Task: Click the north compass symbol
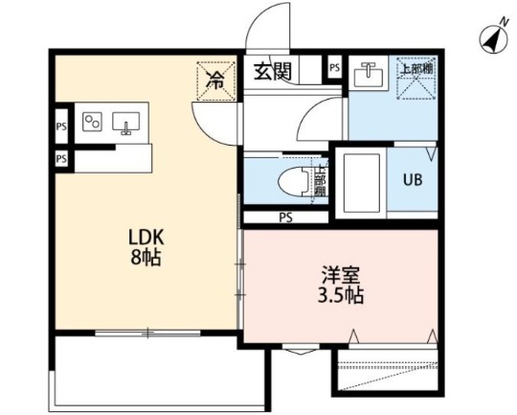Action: (492, 37)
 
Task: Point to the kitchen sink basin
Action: (126, 122)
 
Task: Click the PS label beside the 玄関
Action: (334, 68)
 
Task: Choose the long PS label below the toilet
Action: (285, 218)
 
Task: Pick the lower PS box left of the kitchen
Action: (60, 158)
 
